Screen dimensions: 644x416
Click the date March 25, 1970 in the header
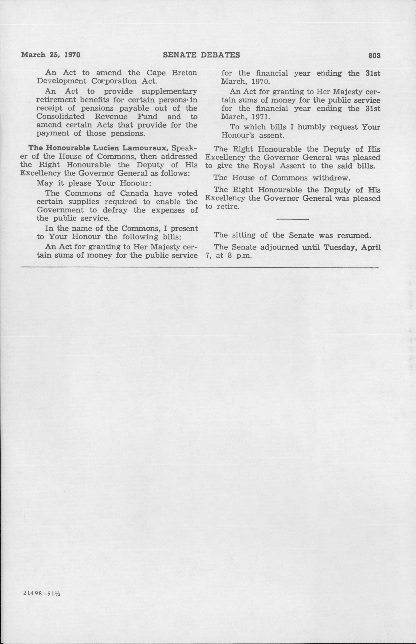[x=51, y=55]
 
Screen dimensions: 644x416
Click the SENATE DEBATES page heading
[x=202, y=55]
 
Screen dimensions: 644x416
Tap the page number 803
[x=374, y=56]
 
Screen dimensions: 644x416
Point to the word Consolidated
[x=61, y=117]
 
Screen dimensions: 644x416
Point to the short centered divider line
[x=293, y=219]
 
